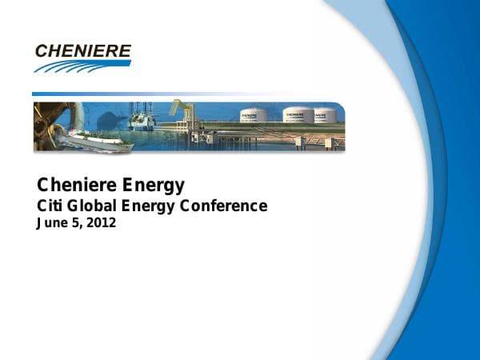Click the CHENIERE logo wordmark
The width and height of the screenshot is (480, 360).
pos(83,51)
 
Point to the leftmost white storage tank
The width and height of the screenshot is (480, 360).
pos(254,116)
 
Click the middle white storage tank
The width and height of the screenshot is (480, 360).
pos(298,115)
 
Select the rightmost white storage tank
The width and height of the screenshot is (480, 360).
pos(326,115)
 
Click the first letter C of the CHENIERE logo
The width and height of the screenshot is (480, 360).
pos(42,51)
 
